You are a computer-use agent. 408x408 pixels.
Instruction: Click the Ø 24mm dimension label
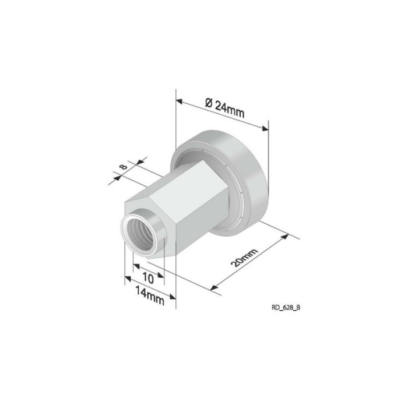tap(224, 107)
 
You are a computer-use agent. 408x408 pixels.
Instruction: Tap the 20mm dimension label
tap(244, 258)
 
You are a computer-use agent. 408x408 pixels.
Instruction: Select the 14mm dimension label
tap(150, 296)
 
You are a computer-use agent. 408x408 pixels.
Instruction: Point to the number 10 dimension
tap(148, 279)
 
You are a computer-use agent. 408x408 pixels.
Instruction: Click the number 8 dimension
tap(124, 166)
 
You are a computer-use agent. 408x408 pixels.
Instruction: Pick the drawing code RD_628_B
tap(286, 307)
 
